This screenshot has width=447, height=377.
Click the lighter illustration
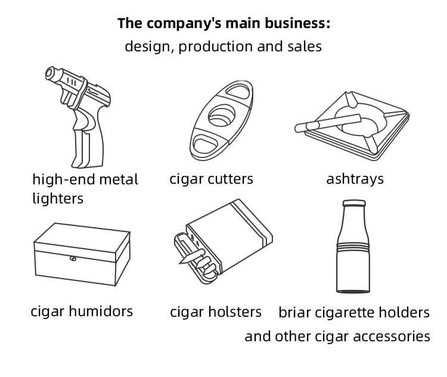point(80,116)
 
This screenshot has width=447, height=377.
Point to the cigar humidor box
point(82,254)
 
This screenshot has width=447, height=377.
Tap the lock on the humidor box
point(73,259)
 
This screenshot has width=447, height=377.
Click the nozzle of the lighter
point(51,75)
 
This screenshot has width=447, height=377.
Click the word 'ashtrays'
point(355,179)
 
